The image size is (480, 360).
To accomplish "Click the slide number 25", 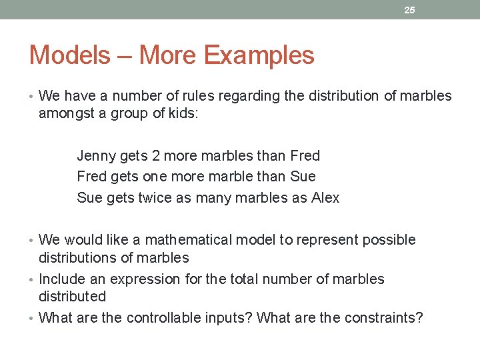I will pyautogui.click(x=410, y=10).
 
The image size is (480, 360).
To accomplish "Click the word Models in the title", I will pyautogui.click(x=69, y=55).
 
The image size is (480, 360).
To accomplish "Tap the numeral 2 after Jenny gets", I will pyautogui.click(x=155, y=156).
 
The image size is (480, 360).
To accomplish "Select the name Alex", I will pyautogui.click(x=325, y=198).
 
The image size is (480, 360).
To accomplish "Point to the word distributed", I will pyautogui.click(x=72, y=296).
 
